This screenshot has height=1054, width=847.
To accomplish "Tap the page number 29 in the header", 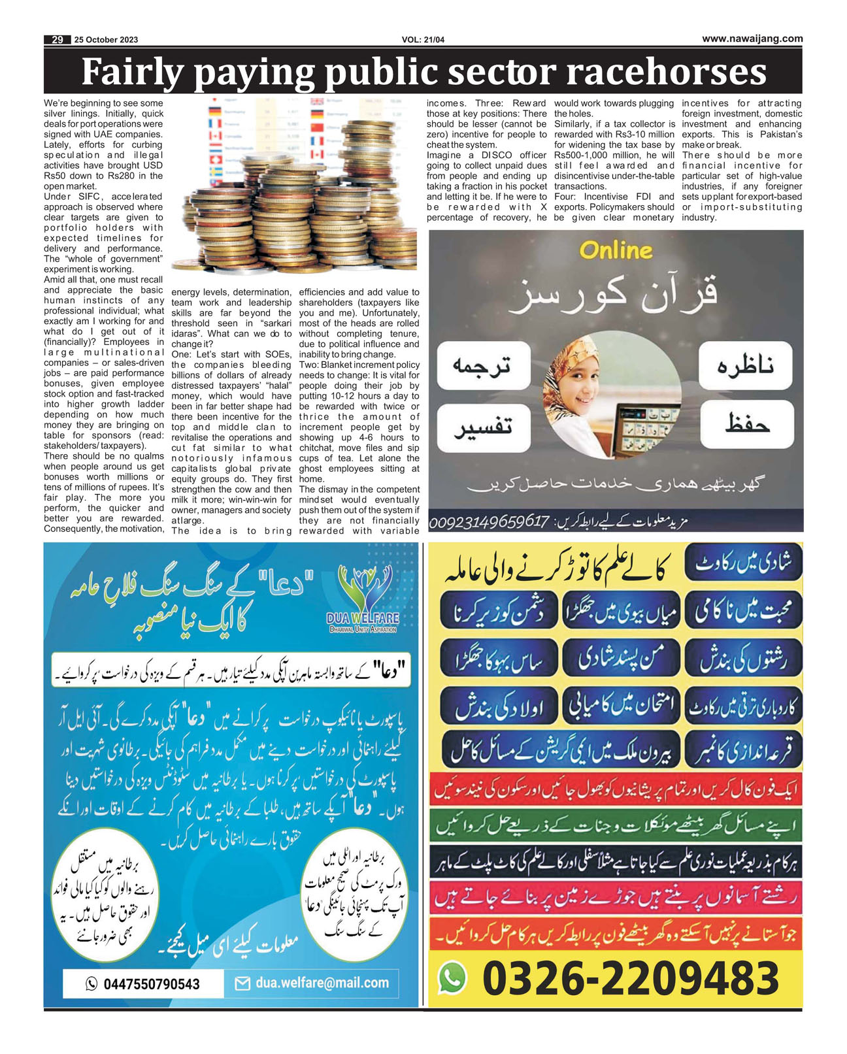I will click(x=58, y=40).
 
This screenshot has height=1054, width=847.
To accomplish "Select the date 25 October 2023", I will click(x=106, y=40).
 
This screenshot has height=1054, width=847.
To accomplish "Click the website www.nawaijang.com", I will click(x=752, y=39).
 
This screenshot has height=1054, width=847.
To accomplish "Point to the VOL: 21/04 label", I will click(x=423, y=40).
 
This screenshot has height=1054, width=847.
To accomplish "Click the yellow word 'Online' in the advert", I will click(x=616, y=250).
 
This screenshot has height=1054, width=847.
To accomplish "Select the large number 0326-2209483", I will click(x=631, y=978).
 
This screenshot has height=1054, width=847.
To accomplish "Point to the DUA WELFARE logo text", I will click(x=363, y=618).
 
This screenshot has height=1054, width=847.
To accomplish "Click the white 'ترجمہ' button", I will click(x=483, y=365).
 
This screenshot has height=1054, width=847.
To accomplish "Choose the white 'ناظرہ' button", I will click(x=746, y=365).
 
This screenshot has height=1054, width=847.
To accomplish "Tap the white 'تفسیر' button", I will click(x=483, y=427).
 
